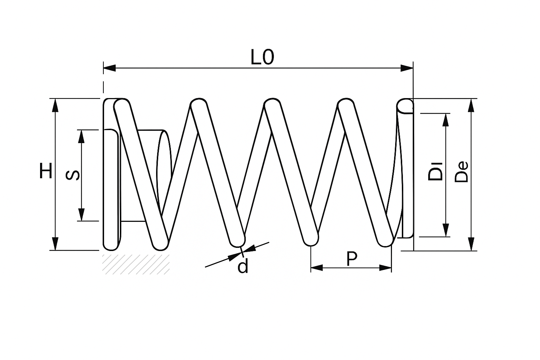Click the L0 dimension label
click(262, 57)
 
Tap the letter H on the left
click(46, 171)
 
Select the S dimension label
click(72, 175)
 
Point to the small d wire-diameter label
click(243, 266)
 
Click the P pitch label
click(351, 259)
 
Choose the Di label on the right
click(435, 171)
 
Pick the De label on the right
click(461, 172)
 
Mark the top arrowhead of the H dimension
click(55, 105)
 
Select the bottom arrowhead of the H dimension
click(55, 244)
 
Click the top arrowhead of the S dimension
click(82, 136)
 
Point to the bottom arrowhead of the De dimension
click(471, 244)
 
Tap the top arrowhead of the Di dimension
click(446, 120)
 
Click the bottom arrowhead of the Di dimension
click(446, 230)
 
